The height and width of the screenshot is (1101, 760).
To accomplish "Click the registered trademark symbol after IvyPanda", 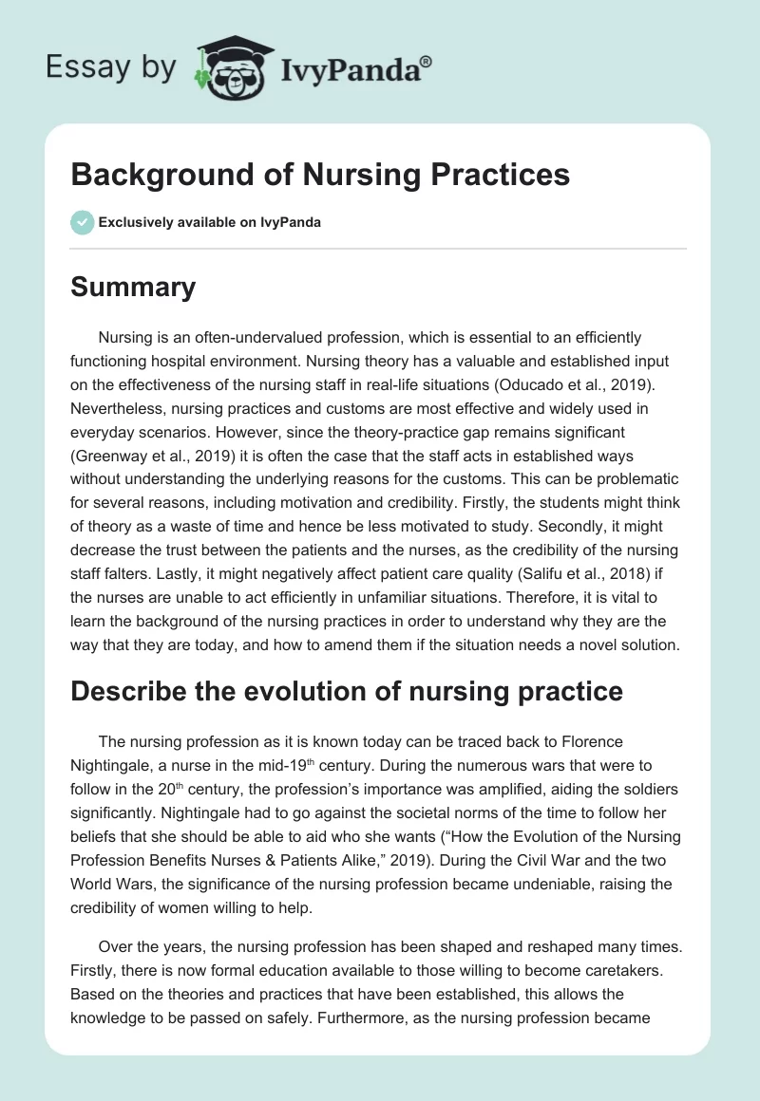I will coord(427,62).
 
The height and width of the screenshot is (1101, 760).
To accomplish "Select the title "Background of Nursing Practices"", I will coord(320,176).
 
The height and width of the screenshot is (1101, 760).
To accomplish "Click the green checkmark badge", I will coord(82,222).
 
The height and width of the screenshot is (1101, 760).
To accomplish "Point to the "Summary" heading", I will coord(133,288).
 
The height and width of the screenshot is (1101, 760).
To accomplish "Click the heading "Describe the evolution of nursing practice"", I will coord(347,691).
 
